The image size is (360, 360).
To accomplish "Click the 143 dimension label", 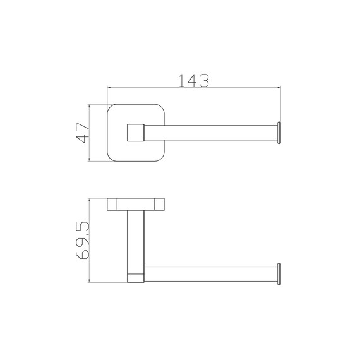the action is coord(194,81).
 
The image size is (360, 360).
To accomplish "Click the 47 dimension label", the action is coord(83,133).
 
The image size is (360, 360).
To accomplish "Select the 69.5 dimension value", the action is coord(82,241).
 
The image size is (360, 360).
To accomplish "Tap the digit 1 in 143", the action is coord(181,81).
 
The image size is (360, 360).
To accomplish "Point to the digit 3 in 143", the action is coord(204,81).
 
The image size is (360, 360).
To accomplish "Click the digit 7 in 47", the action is coord(83,127).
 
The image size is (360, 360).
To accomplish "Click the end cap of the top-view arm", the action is coord(279,133).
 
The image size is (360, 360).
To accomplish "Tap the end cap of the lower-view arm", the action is coord(279,274).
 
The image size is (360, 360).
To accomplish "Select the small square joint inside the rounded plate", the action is coord(136,133).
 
